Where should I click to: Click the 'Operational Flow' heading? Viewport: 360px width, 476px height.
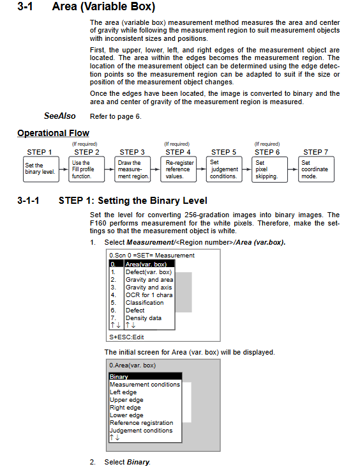click(53, 133)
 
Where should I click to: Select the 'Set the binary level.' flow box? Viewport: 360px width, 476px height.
click(41, 169)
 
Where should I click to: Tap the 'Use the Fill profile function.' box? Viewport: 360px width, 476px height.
click(86, 169)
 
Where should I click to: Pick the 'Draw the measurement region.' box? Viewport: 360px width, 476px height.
click(133, 169)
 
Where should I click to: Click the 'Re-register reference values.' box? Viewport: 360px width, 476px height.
click(178, 169)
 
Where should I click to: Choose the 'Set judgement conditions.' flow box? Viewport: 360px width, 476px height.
click(224, 169)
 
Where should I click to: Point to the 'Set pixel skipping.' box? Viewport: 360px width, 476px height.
click(269, 169)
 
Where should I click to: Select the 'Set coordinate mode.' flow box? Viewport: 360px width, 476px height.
click(317, 169)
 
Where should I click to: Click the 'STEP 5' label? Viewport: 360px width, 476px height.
click(223, 152)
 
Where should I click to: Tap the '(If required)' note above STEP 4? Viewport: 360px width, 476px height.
click(177, 144)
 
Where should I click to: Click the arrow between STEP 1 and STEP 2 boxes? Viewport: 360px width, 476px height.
click(64, 169)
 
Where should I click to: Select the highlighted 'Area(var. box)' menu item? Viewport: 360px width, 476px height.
click(142, 264)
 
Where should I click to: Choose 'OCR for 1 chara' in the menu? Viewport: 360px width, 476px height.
click(149, 295)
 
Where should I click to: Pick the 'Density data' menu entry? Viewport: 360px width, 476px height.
click(144, 318)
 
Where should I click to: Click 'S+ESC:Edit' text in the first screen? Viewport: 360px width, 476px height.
click(126, 337)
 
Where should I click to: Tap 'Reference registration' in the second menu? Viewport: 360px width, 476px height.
click(141, 422)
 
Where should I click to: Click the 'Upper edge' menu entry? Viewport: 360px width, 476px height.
click(126, 400)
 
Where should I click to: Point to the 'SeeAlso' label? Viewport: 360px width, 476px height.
click(60, 116)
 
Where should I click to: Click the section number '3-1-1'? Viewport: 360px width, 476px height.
click(28, 201)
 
